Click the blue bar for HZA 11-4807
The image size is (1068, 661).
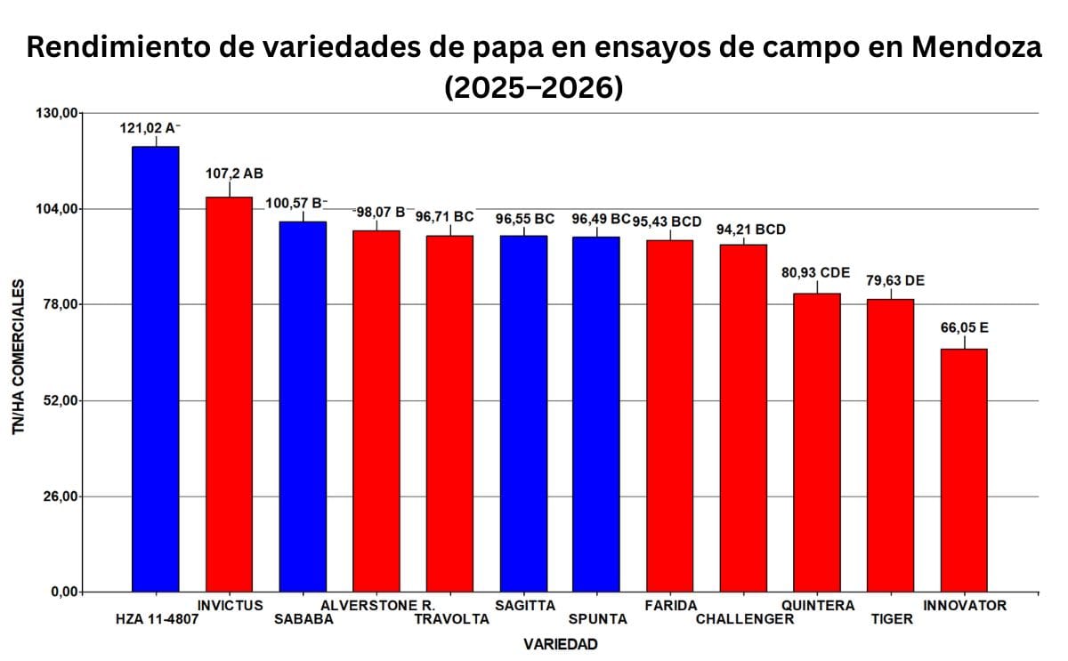click(155, 368)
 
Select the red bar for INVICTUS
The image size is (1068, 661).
click(229, 394)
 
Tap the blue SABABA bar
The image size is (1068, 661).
click(303, 407)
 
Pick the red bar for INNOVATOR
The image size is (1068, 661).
click(964, 470)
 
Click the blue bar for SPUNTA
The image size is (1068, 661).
click(596, 414)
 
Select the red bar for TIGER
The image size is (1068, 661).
click(890, 445)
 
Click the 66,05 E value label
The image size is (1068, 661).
click(964, 327)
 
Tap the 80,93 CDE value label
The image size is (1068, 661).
click(815, 272)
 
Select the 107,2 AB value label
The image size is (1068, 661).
click(229, 173)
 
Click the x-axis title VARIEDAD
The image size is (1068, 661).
click(560, 643)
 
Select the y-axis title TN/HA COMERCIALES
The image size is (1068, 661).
click(19, 357)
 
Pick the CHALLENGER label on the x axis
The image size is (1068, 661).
click(744, 619)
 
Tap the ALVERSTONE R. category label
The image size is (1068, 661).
click(377, 606)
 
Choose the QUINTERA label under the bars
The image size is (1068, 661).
click(817, 606)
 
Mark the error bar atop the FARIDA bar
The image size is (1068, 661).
click(670, 235)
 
